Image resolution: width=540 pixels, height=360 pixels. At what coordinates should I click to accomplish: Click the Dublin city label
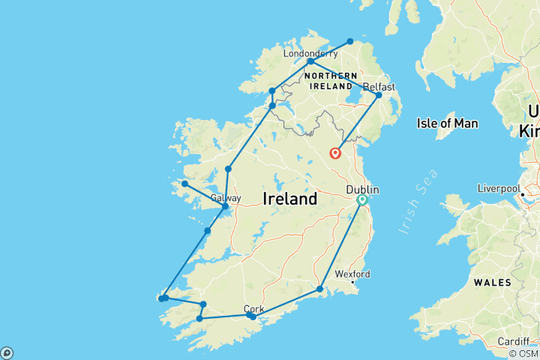tap(362, 190)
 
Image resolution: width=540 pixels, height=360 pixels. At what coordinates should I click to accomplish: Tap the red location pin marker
tap(335, 154)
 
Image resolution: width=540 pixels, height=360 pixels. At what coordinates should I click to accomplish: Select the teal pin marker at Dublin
tap(362, 200)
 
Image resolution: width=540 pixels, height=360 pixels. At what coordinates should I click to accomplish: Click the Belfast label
tap(378, 87)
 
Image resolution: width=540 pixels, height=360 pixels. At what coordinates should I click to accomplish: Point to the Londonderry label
tap(310, 54)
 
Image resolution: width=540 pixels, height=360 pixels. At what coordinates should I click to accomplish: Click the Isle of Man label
tap(448, 123)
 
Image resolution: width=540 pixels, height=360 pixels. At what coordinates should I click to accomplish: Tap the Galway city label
tap(226, 198)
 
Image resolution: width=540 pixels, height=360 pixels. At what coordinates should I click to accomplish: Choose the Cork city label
tap(254, 308)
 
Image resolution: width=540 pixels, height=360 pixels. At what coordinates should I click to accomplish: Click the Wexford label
tap(352, 274)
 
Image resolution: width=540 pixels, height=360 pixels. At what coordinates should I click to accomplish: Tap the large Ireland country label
tap(290, 199)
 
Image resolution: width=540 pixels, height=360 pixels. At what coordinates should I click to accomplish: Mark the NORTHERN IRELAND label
tap(331, 80)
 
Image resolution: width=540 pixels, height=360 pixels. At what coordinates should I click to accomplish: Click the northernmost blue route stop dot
tap(349, 41)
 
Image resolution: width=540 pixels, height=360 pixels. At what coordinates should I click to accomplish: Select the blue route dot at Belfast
tap(379, 95)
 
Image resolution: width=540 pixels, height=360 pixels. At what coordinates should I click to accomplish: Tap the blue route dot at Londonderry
tap(310, 61)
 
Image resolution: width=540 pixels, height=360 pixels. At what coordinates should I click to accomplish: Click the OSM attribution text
tap(523, 353)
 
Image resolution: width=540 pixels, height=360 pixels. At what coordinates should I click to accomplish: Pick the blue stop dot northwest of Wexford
tap(319, 289)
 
